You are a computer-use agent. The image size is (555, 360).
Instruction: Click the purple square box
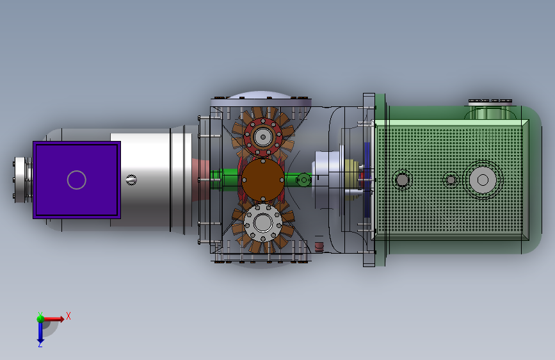77,180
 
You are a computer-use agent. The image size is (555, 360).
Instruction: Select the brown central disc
263,180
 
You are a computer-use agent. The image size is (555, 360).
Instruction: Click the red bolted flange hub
263,137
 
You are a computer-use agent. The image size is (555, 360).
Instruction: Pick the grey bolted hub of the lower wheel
263,223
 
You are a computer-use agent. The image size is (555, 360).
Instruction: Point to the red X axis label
68,316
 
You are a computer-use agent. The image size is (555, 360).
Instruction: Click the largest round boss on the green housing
483,180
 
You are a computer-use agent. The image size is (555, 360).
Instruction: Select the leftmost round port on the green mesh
402,180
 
